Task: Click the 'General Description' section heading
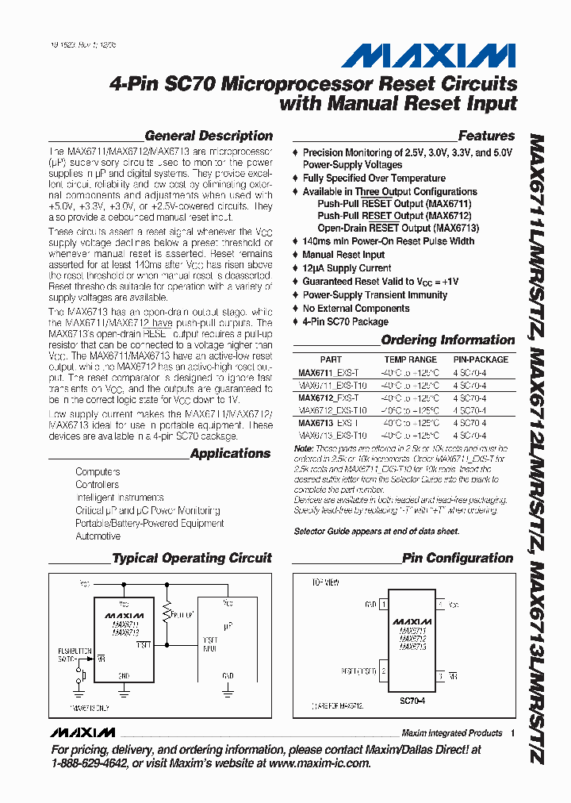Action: (x=209, y=136)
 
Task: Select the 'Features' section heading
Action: (x=486, y=136)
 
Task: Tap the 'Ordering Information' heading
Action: (x=448, y=340)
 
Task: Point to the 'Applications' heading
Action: (x=231, y=453)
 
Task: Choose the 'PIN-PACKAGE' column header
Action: (x=481, y=359)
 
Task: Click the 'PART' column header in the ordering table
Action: (x=331, y=359)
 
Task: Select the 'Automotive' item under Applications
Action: (x=98, y=536)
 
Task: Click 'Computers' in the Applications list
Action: (x=98, y=472)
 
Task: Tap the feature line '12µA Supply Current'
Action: (x=347, y=268)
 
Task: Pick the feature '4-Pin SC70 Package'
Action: (x=345, y=321)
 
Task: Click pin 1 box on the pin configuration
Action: (x=384, y=605)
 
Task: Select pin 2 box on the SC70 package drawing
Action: (x=384, y=671)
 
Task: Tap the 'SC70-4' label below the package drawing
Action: (x=412, y=701)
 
